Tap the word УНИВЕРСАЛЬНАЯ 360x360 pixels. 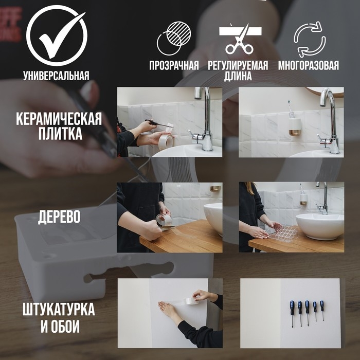(x=56, y=76)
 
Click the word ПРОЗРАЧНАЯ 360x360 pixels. (x=174, y=66)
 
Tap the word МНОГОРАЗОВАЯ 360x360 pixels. (x=309, y=66)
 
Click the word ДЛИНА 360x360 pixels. (x=238, y=77)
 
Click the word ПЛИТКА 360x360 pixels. (x=59, y=135)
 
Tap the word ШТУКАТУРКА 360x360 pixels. (x=59, y=311)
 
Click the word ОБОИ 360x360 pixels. (x=68, y=327)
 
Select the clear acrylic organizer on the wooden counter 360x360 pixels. (x=284, y=233)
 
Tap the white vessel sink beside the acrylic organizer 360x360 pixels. (x=320, y=225)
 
